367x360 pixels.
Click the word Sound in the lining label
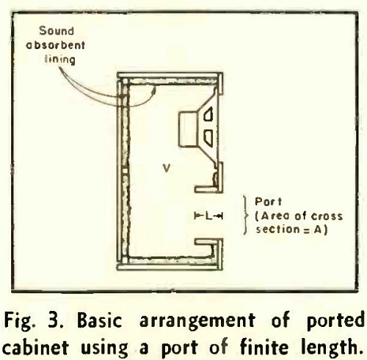pos(57,31)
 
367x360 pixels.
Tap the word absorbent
pos(56,45)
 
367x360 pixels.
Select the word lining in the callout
pos(60,59)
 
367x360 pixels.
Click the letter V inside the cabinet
pos(167,168)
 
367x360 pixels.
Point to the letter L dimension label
pos(208,216)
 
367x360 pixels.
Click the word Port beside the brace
pos(269,202)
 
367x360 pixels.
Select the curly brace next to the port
pos(246,215)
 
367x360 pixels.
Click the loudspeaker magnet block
pos(189,129)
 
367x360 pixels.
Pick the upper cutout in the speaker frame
pos(208,114)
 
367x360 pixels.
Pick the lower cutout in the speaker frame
pos(208,137)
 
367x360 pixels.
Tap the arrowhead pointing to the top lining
pos(154,90)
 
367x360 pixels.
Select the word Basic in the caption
pos(100,320)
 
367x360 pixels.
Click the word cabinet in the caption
pos(35,348)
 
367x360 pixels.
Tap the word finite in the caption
pos(264,347)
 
